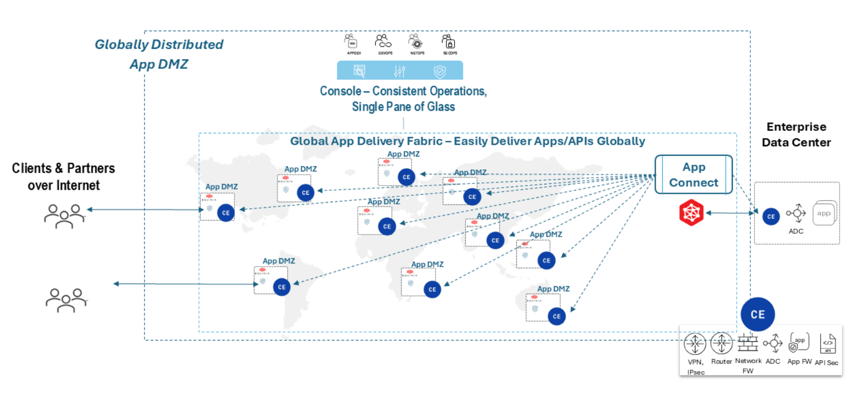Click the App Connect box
point(693,175)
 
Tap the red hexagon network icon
point(691,212)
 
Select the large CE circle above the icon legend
point(757,314)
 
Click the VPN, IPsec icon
point(695,344)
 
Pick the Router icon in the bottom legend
point(721,343)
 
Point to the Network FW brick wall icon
point(748,343)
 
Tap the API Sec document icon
point(828,343)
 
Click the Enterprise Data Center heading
point(796,134)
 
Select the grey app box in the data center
point(824,213)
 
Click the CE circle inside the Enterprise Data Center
point(771,216)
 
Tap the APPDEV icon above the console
point(351,41)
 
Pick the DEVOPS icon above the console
point(383,41)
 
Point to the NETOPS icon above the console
point(416,41)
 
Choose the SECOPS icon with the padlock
point(449,41)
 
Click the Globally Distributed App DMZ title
point(159,54)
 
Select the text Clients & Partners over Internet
point(63,176)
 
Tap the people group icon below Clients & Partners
point(65,216)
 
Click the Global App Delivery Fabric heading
point(467,141)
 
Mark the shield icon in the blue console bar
point(440,71)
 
